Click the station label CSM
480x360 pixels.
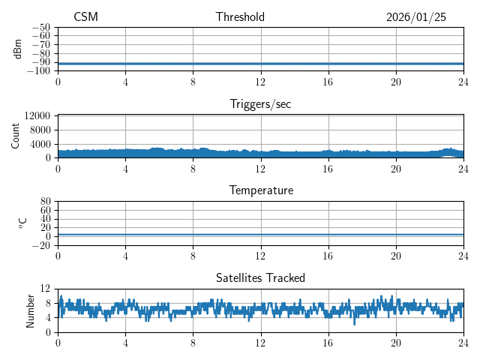(x=85, y=17)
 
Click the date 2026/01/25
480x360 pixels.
(x=416, y=17)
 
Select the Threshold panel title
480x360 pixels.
(x=240, y=17)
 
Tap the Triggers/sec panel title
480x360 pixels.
(x=260, y=104)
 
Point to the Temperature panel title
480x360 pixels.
(x=260, y=190)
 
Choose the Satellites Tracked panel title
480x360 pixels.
(x=260, y=277)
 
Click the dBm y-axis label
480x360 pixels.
(x=18, y=49)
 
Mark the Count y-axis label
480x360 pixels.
(x=16, y=136)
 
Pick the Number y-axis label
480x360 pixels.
(x=31, y=310)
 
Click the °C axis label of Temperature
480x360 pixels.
(x=22, y=223)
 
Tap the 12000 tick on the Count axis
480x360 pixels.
(x=37, y=116)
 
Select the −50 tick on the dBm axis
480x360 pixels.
(x=42, y=28)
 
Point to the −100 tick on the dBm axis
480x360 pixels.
(x=40, y=71)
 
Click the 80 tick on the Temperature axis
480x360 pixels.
(x=45, y=202)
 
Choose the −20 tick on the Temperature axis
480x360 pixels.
(x=42, y=245)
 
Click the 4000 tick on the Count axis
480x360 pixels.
(x=40, y=144)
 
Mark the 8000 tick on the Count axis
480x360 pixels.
(x=40, y=130)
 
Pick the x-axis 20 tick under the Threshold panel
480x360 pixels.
(x=395, y=82)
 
